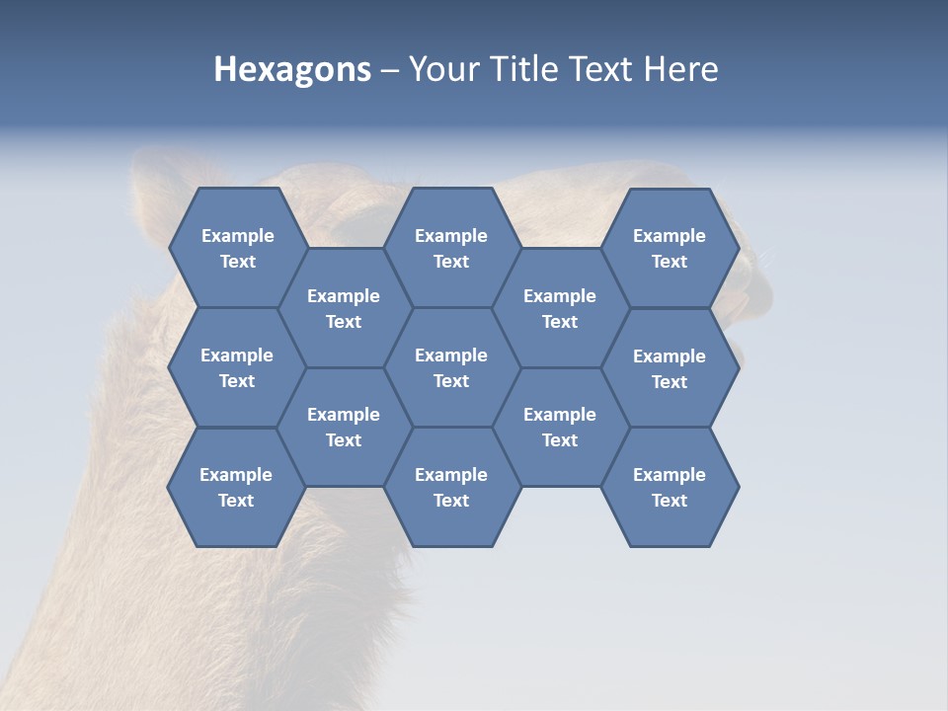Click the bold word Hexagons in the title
292,69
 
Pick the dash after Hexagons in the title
389,69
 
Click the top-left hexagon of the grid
237,248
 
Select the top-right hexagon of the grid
670,248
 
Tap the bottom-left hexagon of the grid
236,487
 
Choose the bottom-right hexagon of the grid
670,487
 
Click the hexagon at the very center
451,367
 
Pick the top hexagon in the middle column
451,248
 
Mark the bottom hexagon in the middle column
451,487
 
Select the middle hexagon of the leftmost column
237,367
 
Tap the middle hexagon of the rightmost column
670,368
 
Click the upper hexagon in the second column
344,308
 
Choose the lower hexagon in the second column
344,427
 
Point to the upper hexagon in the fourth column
560,308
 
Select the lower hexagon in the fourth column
560,427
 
